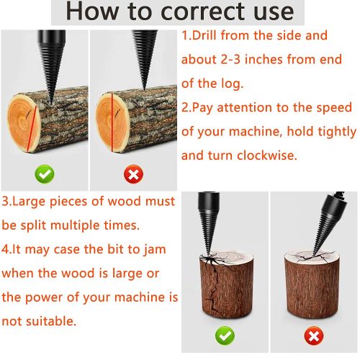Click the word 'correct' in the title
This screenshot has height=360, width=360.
pyautogui.click(x=203, y=12)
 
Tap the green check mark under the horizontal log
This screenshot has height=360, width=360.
pyautogui.click(x=45, y=174)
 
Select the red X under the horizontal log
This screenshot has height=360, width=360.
pyautogui.click(x=134, y=174)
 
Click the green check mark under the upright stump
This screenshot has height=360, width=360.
pyautogui.click(x=225, y=336)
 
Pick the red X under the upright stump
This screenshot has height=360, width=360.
pyautogui.click(x=314, y=336)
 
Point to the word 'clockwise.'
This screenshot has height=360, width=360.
pyautogui.click(x=267, y=156)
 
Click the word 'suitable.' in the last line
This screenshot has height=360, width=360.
pyautogui.click(x=51, y=321)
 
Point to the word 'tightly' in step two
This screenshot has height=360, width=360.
pyautogui.click(x=337, y=132)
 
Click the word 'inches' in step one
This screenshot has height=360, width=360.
pyautogui.click(x=264, y=59)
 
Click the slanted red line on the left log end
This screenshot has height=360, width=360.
pyautogui.click(x=32, y=129)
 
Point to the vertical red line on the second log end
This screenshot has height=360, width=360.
pyautogui.click(x=112, y=122)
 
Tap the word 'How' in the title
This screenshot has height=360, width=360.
pyautogui.click(x=92, y=12)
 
